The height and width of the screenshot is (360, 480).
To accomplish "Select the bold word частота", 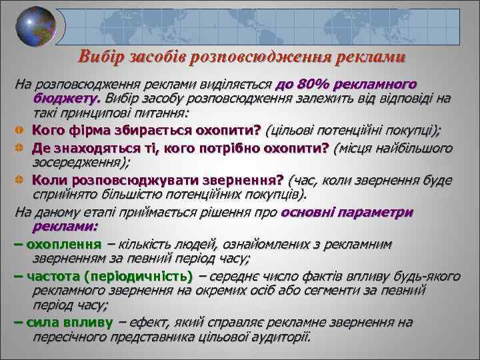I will click(x=57, y=277).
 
